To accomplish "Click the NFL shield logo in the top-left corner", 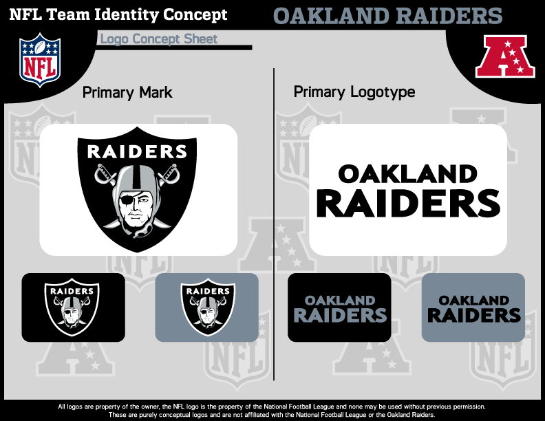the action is (x=40, y=60).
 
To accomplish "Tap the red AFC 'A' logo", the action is (x=505, y=56).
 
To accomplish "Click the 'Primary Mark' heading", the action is (x=127, y=93).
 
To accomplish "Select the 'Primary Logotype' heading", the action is (x=354, y=92).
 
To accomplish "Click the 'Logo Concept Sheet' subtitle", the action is (x=159, y=39).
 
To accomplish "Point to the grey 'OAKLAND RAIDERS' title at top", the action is (x=388, y=16).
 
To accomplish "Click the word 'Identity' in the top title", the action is (x=127, y=15).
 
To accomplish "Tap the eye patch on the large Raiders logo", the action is (x=127, y=199).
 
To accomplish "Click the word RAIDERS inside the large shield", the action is (x=138, y=152).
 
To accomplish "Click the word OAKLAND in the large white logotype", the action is (x=407, y=173).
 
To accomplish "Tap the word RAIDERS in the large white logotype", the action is (x=408, y=203).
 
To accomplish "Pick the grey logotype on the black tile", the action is (x=340, y=309).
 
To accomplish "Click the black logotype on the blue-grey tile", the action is (x=473, y=309).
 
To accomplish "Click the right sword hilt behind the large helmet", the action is (x=172, y=173).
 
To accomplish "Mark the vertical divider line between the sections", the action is (x=274, y=224).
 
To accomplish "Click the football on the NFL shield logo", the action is (x=40, y=47).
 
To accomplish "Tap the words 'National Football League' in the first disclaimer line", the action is (x=299, y=407).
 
